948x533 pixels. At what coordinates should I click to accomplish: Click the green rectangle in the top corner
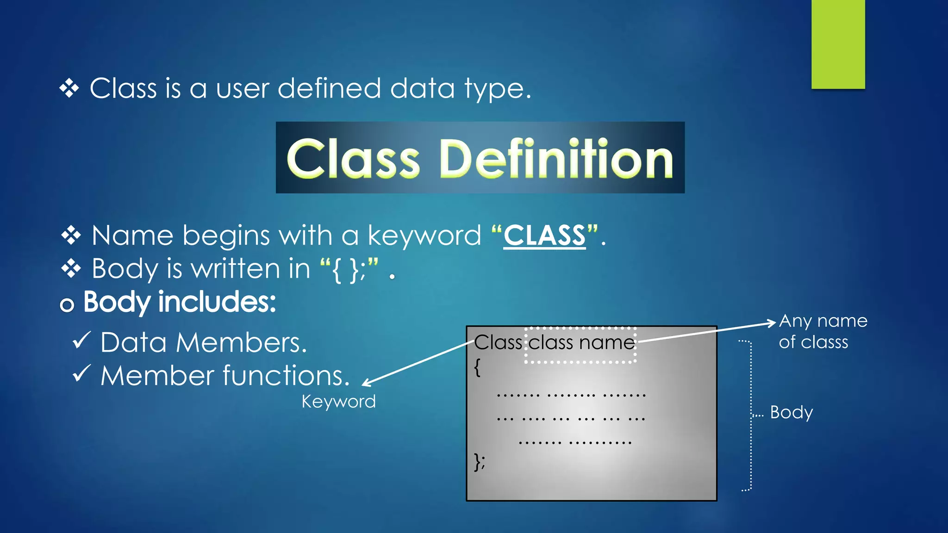coord(838,44)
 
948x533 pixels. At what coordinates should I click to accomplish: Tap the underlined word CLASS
coord(544,236)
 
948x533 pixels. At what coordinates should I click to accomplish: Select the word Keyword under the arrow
coord(338,402)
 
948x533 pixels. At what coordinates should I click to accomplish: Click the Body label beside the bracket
coord(791,412)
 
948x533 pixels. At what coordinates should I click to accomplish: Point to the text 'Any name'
coord(823,321)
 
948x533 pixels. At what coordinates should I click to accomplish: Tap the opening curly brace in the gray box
coord(477,368)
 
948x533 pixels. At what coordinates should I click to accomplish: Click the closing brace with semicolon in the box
coord(480,462)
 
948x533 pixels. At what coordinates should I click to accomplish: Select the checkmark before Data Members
coord(81,341)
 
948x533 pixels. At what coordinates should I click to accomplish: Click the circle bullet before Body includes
coord(67,305)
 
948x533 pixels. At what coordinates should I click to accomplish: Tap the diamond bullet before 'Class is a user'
coord(69,88)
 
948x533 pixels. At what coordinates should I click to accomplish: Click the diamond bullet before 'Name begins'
coord(71,236)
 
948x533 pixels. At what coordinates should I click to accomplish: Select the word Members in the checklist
coord(241,343)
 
